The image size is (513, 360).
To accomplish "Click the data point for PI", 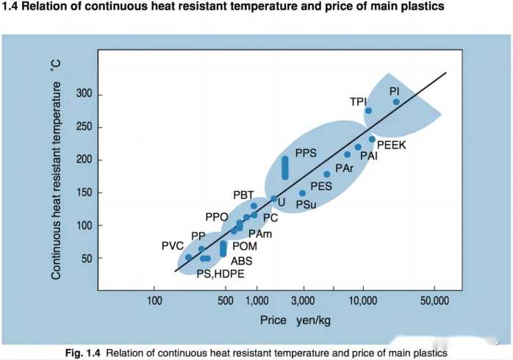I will pos(396,102).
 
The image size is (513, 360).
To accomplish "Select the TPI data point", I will pos(368,111).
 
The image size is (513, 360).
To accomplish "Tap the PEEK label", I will pos(391,145).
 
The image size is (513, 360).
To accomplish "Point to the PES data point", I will pos(327,174).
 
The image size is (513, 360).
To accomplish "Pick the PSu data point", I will pos(302,193).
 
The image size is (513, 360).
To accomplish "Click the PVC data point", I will pos(188,257).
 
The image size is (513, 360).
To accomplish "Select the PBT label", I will pos(243,195).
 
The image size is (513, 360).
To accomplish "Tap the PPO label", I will pos(217,217).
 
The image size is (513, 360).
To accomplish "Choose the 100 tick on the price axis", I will pos(154,300).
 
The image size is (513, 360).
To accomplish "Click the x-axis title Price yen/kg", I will pos(293,320).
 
